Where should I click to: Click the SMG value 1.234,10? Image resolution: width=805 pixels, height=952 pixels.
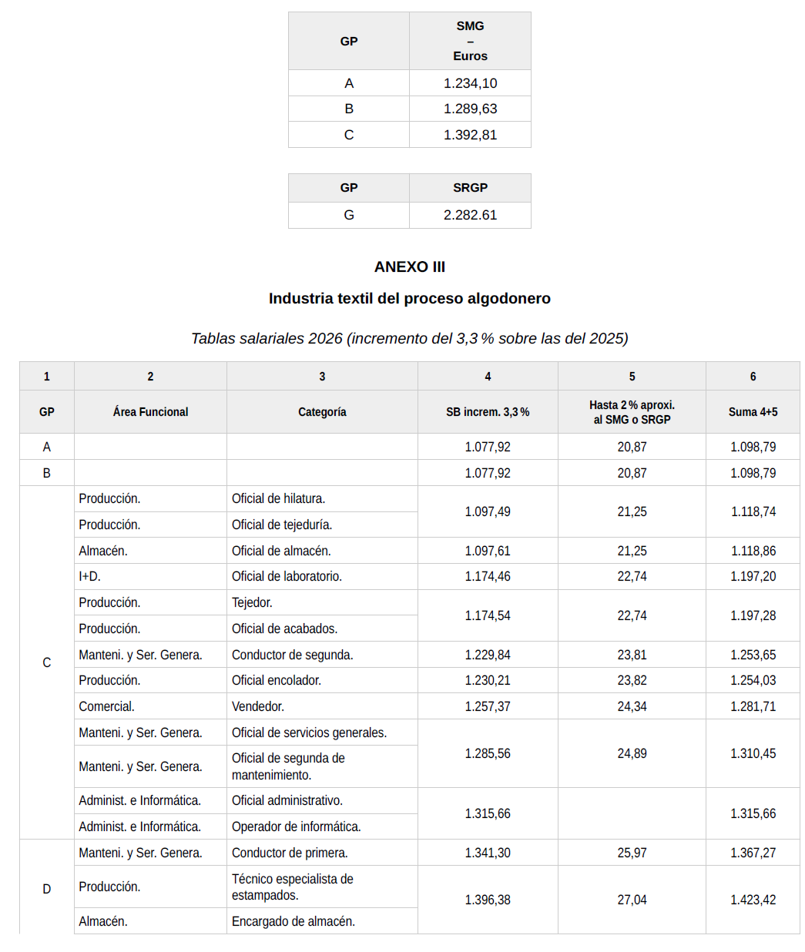[x=470, y=83]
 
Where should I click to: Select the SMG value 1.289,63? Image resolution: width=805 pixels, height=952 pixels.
[x=470, y=109]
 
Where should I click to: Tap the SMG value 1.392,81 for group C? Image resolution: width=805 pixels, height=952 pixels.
[x=470, y=135]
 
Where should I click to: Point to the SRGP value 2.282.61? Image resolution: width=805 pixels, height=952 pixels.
[x=470, y=215]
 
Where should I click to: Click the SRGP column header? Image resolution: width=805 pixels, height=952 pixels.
[x=470, y=188]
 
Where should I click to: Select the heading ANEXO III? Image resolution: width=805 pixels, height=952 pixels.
[x=409, y=267]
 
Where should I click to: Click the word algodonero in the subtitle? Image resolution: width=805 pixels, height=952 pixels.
[x=508, y=299]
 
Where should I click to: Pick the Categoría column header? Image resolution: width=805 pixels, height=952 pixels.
[x=322, y=412]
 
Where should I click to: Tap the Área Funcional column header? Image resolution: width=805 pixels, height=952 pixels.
[x=150, y=412]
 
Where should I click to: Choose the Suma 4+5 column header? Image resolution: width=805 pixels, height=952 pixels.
[x=753, y=412]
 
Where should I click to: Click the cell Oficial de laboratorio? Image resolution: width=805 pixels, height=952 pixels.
[x=287, y=576]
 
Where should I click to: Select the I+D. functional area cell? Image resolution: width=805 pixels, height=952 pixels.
[x=89, y=576]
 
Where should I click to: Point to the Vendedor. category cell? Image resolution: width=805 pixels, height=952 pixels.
[x=257, y=706]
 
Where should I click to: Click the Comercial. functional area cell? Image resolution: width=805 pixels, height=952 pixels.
[x=106, y=706]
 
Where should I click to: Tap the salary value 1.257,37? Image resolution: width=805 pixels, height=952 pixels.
[x=487, y=706]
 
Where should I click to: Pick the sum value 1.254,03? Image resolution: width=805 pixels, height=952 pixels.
[x=753, y=680]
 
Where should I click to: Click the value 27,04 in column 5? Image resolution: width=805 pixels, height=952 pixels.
[x=632, y=900]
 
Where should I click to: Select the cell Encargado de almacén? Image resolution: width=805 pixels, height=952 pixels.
[x=293, y=921]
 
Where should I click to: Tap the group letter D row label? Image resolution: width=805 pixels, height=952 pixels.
[x=46, y=889]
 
